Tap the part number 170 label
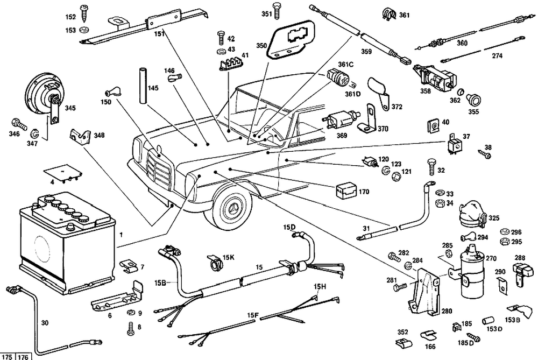[364, 191]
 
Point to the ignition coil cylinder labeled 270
[471, 274]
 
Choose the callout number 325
[493, 218]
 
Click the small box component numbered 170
[344, 190]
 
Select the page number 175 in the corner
[8, 356]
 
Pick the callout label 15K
[229, 257]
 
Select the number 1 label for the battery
[122, 235]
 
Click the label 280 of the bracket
[447, 311]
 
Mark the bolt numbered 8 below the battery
[130, 327]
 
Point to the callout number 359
[366, 52]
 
